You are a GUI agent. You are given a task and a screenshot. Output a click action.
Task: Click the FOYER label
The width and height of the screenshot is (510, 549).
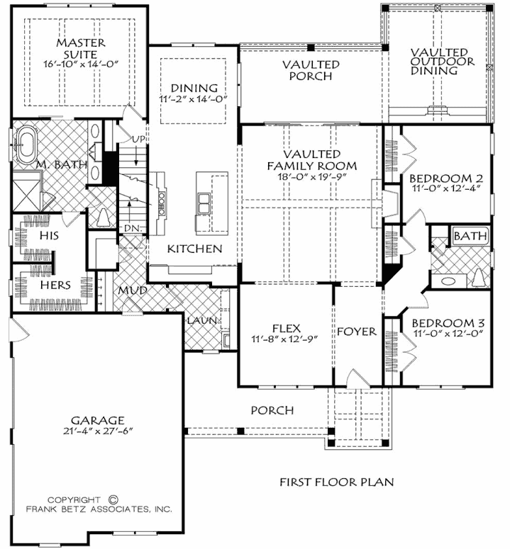(x=357, y=332)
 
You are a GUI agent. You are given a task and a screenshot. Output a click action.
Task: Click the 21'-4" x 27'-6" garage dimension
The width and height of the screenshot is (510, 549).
(x=98, y=431)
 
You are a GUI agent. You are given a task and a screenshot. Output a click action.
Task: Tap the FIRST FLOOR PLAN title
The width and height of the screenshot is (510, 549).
(x=336, y=482)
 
